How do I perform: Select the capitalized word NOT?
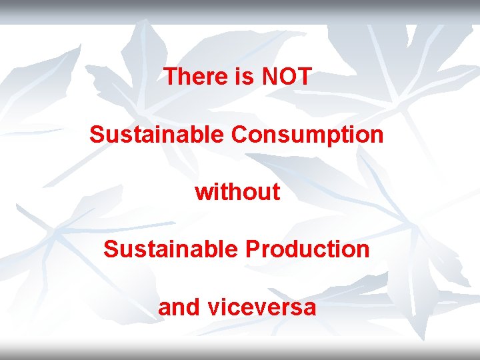click(x=287, y=77)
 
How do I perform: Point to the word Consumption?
click(x=307, y=135)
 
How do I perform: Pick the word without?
click(x=237, y=192)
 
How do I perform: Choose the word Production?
click(x=307, y=249)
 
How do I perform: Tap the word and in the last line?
click(x=179, y=307)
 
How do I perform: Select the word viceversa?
click(x=262, y=307)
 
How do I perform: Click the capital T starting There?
click(x=169, y=77)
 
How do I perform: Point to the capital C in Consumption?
click(x=239, y=135)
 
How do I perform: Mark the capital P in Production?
click(x=251, y=249)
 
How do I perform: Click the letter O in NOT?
click(x=287, y=77)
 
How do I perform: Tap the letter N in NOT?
click(x=270, y=77)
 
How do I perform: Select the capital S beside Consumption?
click(x=97, y=135)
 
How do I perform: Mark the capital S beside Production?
click(x=111, y=249)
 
